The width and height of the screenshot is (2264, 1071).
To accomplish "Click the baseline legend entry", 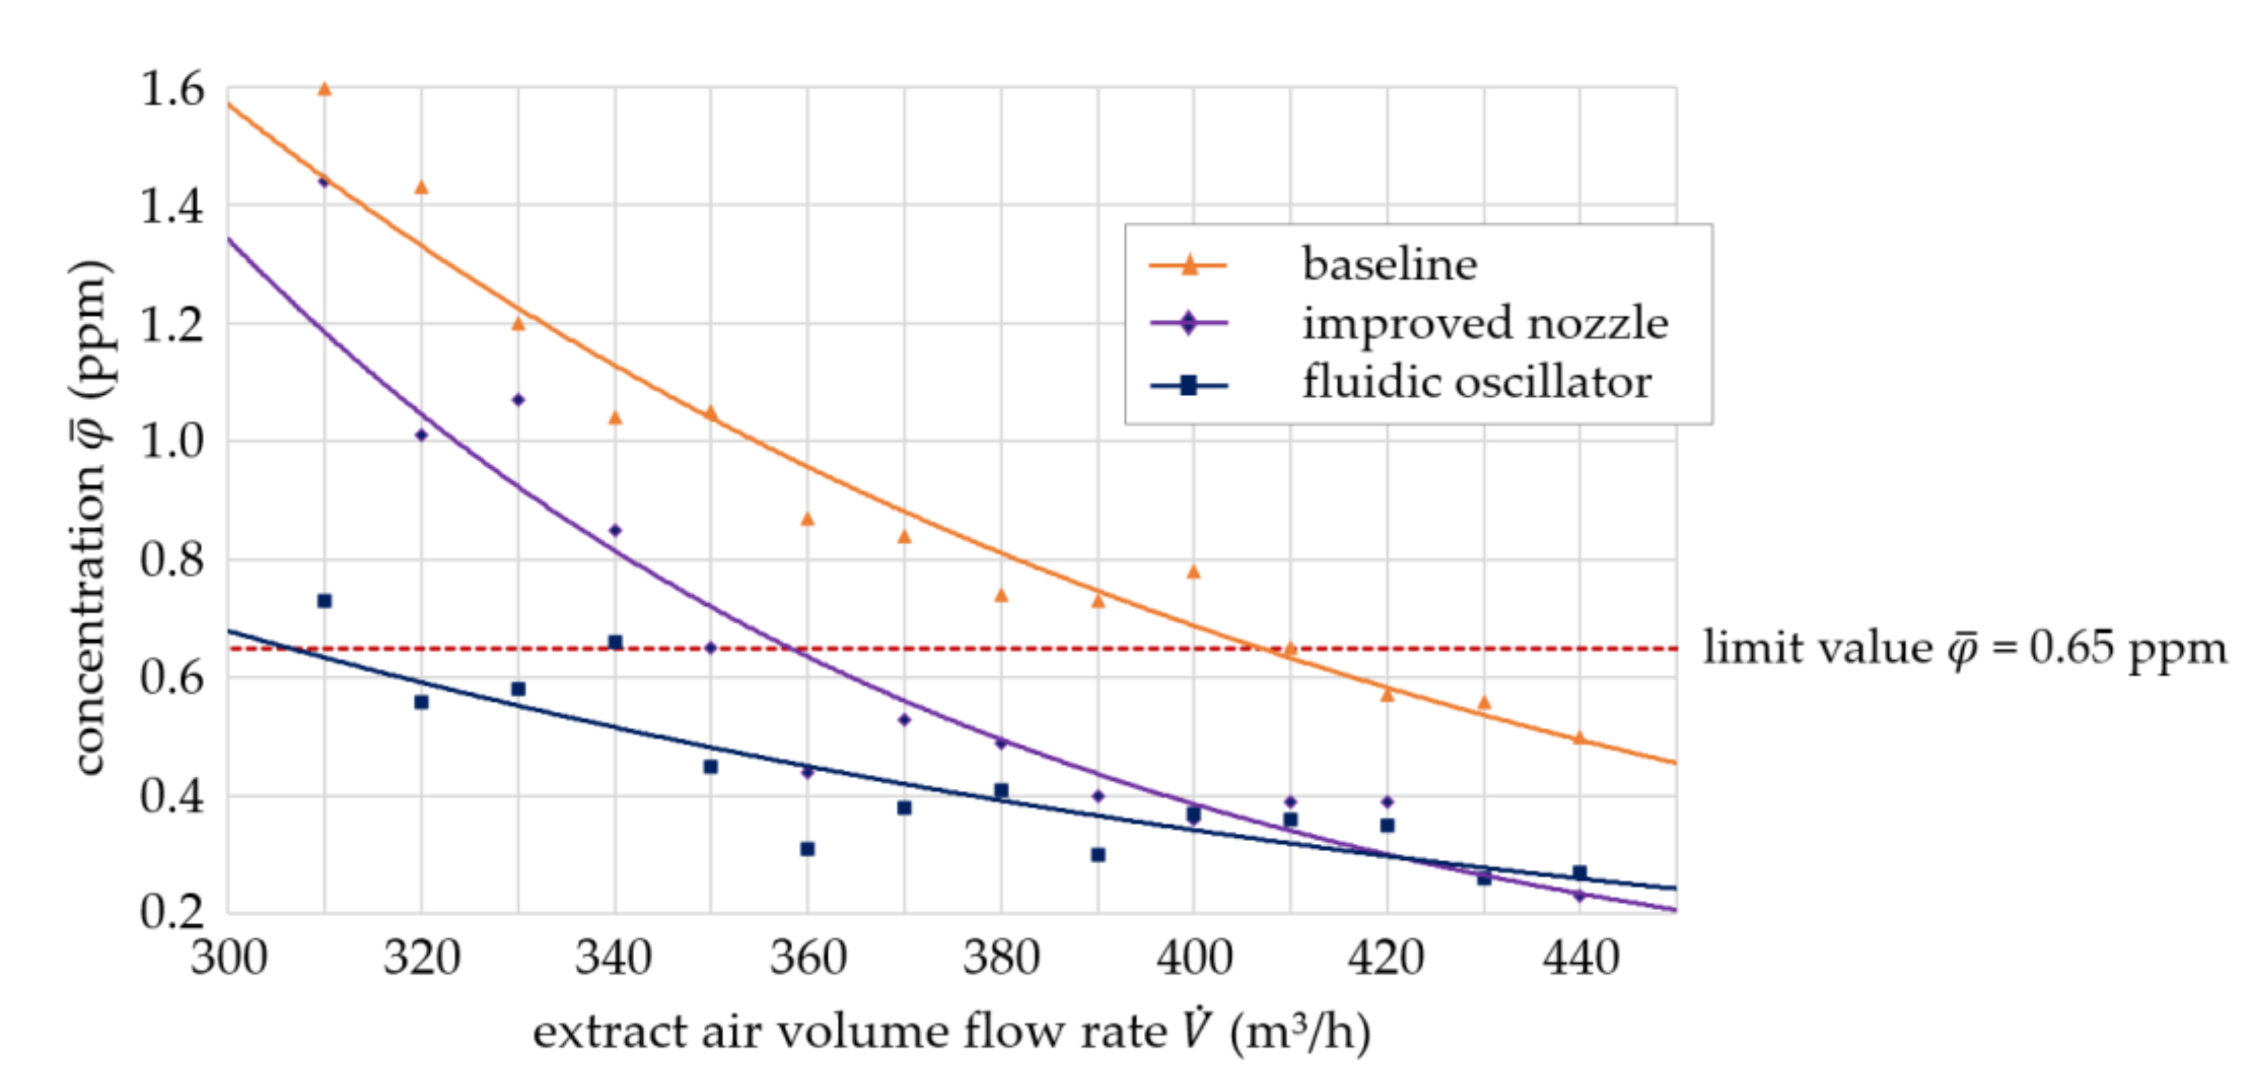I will pos(1389,264).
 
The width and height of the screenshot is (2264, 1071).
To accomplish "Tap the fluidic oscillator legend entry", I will pos(1476,383).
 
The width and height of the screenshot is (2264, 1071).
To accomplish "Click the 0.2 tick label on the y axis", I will pos(172,912).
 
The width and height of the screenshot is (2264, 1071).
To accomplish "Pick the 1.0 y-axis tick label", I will pos(172,441).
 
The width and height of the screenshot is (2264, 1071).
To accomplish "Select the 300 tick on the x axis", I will pos(228,957).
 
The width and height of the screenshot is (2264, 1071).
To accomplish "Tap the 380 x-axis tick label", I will pos(1001,957).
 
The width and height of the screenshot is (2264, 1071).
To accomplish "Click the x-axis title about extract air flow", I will pos(951,1031).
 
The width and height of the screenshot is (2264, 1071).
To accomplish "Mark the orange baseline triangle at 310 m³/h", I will pos(324,89).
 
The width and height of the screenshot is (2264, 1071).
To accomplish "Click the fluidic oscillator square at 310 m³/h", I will pos(324,600).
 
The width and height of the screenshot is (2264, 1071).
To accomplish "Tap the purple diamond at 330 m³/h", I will pos(518,400).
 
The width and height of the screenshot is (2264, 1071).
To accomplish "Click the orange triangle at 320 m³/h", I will pos(421,187).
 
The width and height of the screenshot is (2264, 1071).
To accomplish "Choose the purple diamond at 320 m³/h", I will pos(421,434).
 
